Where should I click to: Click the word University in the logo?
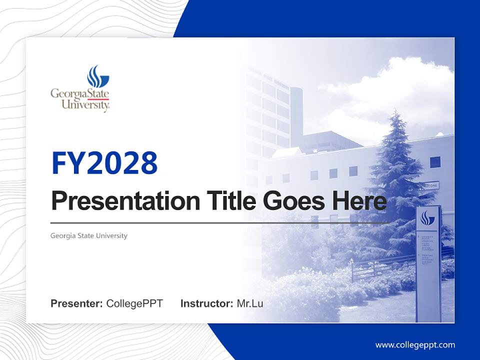[85, 105]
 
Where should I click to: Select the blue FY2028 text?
[104, 163]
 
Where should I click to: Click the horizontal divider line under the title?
[220, 223]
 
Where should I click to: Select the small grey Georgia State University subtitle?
[89, 235]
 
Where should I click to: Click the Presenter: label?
[77, 303]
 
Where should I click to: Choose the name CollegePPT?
[134, 303]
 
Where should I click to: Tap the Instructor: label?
[206, 303]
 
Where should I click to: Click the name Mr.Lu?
[250, 303]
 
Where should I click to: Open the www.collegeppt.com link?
[415, 345]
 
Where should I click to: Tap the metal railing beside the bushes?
[380, 267]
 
